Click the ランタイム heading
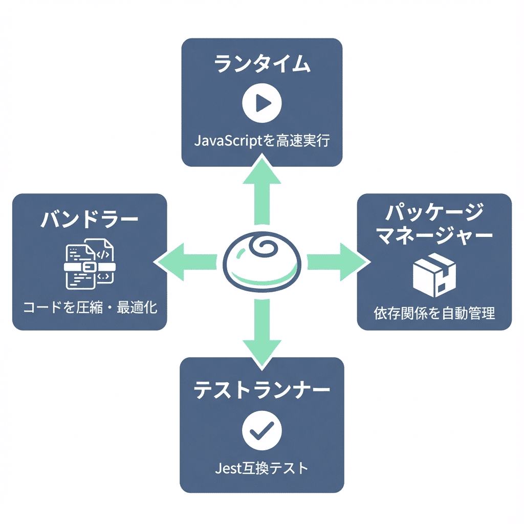click(262, 65)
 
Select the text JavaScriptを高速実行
click(262, 140)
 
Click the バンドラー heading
click(90, 221)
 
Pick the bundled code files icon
click(90, 265)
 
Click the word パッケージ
click(434, 212)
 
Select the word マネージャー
click(434, 236)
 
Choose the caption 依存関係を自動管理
click(434, 313)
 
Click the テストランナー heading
click(262, 390)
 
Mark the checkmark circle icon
click(262, 431)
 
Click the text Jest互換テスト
click(262, 467)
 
